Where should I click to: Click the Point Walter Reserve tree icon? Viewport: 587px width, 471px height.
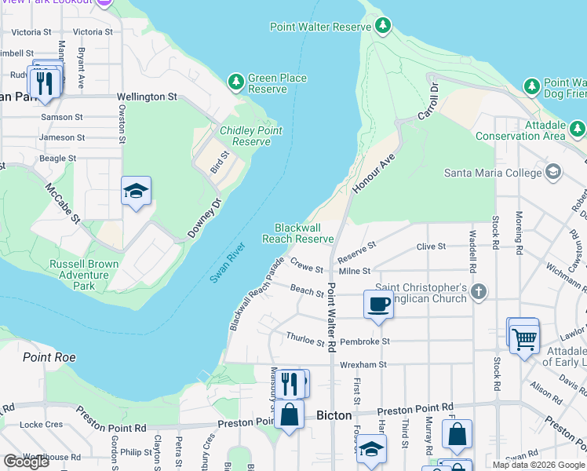[x=383, y=27]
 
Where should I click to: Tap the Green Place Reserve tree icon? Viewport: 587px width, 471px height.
[x=235, y=82]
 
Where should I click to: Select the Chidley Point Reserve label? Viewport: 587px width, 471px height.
[x=246, y=137]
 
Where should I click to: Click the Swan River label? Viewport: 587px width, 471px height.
[x=228, y=263]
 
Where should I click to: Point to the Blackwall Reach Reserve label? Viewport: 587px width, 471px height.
[x=298, y=233]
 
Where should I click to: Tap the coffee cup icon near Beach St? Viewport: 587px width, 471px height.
[x=378, y=304]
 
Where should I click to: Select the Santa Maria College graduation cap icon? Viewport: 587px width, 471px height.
[x=553, y=172]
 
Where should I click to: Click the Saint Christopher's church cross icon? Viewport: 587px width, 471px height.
[x=479, y=293]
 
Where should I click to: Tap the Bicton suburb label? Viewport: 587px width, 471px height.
[x=334, y=415]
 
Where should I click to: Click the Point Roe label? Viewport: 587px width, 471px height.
[x=49, y=357]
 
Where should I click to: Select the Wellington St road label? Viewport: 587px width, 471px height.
[x=147, y=97]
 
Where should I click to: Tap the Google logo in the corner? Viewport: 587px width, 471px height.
[x=26, y=461]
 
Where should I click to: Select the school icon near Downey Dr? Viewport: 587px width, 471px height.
[x=136, y=191]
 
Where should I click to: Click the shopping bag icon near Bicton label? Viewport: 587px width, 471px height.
[x=289, y=414]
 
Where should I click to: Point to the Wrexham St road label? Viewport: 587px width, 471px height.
[x=363, y=365]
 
